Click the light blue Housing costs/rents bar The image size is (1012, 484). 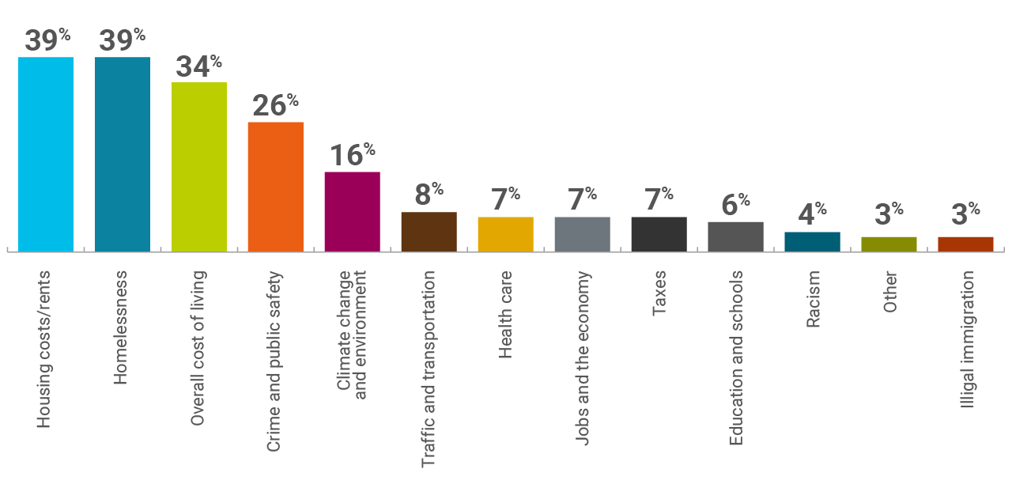tap(46, 154)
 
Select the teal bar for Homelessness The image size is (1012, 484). tap(123, 154)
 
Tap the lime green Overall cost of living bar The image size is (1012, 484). tap(199, 167)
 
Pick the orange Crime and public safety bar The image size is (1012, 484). tap(276, 187)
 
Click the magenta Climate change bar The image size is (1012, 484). tap(353, 211)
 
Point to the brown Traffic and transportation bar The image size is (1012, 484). tap(429, 232)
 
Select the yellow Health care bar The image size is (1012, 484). tap(506, 234)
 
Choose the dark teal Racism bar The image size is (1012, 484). tap(812, 241)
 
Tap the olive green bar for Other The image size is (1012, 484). tap(889, 244)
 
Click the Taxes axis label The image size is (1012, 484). tap(659, 294)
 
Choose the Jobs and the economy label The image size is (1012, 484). tap(583, 358)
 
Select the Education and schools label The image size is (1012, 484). tap(736, 357)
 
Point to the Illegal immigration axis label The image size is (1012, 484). tap(966, 339)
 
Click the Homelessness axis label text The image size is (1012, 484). tap(121, 327)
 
